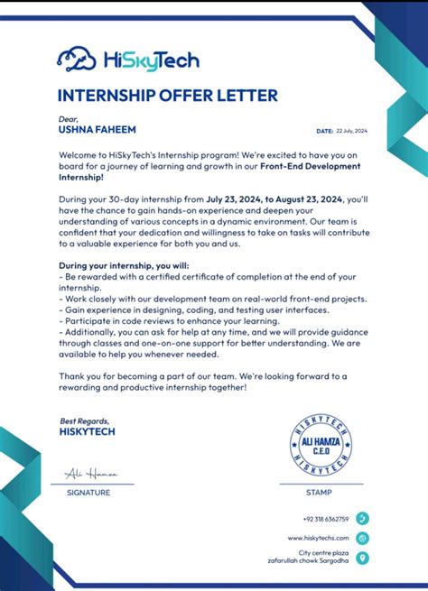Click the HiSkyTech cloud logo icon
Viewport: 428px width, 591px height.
[x=75, y=60]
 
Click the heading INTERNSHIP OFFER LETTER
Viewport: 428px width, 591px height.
[x=167, y=96]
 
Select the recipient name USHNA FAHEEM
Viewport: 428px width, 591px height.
[x=92, y=129]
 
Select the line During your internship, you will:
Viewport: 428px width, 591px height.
[x=118, y=266]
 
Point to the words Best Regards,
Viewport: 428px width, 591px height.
[x=85, y=421]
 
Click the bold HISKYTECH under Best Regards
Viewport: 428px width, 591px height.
[x=88, y=431]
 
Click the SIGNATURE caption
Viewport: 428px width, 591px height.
[x=88, y=493]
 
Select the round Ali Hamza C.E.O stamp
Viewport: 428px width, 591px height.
[x=321, y=444]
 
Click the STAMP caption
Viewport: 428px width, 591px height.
[x=319, y=493]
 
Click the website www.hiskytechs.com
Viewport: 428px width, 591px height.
[x=318, y=538]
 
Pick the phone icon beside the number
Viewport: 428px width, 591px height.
[x=362, y=519]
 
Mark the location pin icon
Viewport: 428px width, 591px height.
[x=362, y=558]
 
